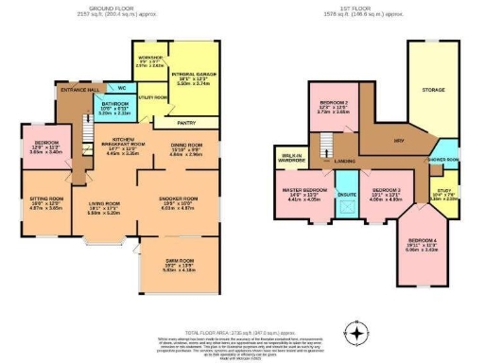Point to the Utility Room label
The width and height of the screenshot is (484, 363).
152,97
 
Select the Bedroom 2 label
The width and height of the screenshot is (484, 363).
332,106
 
